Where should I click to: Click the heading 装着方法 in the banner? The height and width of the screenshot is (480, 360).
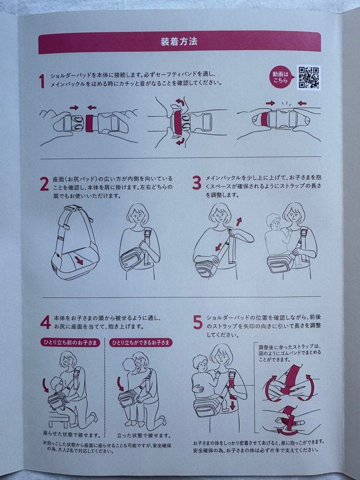coord(179,42)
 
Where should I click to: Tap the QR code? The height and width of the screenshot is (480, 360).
coord(308,77)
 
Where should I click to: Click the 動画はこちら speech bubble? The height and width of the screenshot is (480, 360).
coord(281,78)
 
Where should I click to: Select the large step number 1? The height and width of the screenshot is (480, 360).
coord(42,81)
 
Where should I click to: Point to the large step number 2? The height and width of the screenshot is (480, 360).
coord(44,184)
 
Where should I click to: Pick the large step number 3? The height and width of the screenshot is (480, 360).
coord(196,183)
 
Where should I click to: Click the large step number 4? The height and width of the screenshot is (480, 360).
coord(45,322)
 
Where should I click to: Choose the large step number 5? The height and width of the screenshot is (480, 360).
coord(198,322)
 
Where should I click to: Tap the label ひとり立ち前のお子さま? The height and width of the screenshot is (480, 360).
coord(71,343)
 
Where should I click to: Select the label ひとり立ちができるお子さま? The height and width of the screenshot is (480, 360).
coord(141,343)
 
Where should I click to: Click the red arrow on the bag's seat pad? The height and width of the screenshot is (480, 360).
coord(79,260)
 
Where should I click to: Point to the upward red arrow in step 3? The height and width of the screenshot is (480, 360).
coord(239,222)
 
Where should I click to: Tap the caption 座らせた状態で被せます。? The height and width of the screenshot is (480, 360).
coord(72,434)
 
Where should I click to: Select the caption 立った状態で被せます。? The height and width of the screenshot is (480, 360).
coord(144,435)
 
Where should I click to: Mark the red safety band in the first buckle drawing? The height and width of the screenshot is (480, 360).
coord(89,124)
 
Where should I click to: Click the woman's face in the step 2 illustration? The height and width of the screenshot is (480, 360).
coord(138,216)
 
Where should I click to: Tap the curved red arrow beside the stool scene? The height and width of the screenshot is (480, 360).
coord(45,385)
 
